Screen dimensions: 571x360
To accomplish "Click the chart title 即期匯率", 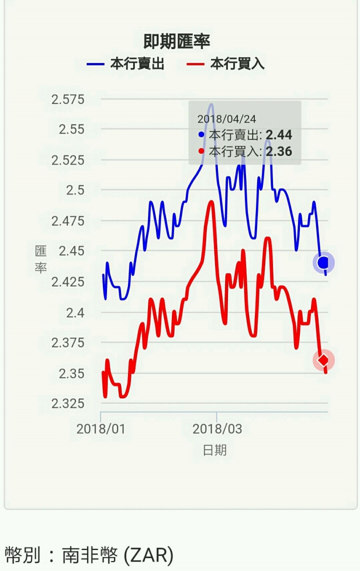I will point(176,40).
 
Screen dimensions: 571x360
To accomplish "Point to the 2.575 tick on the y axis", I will point(68,99).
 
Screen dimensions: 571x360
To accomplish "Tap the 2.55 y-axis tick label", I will point(71,129).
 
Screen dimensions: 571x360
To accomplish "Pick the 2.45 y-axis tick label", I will point(71,250).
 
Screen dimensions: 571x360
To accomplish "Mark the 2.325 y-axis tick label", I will point(68,403).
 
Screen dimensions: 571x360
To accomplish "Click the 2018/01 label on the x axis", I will point(101,429).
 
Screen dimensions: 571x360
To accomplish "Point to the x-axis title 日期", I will point(214,450).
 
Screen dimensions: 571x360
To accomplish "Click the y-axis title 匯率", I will point(40,259).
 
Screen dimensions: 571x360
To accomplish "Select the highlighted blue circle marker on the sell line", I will point(323,262).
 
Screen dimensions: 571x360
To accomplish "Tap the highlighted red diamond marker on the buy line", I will point(323,360).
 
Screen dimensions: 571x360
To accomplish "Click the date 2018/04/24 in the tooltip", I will point(226,119).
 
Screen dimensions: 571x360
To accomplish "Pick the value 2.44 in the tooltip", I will point(278,135).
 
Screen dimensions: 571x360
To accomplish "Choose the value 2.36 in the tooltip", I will point(278,151).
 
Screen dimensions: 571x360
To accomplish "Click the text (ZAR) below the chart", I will point(148,554).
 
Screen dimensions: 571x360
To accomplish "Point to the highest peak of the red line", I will point(211,201).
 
